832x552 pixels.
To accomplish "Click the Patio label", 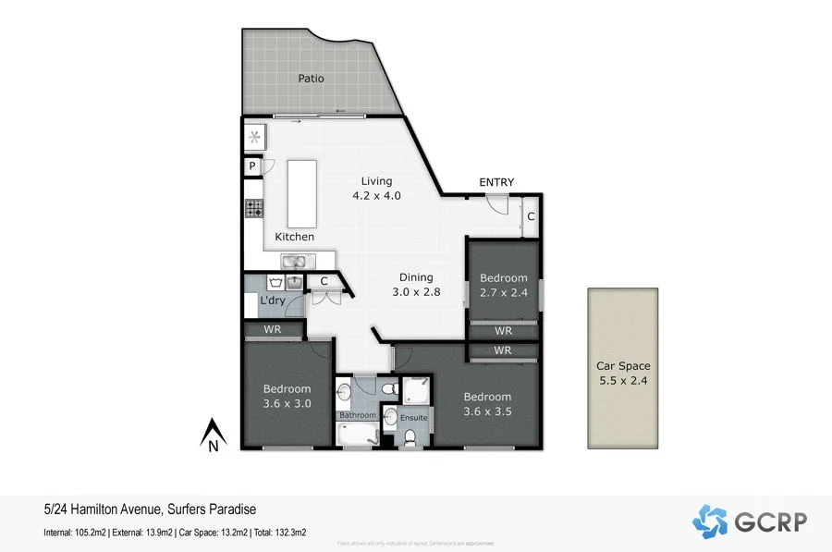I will click(311, 79).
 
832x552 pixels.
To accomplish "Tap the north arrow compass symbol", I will click(214, 435).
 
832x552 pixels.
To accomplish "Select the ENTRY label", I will click(496, 182).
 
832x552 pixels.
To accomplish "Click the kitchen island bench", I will click(301, 193).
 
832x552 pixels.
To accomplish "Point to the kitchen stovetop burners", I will click(254, 209).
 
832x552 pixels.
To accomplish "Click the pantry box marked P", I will click(251, 166).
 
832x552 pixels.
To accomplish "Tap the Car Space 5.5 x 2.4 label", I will click(623, 373).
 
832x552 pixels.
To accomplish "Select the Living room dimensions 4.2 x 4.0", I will click(376, 195).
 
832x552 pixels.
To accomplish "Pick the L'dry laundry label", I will click(273, 301).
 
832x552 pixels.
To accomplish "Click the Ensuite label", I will click(414, 418).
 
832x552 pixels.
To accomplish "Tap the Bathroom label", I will click(357, 415).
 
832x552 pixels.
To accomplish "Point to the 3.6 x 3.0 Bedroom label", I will click(287, 396).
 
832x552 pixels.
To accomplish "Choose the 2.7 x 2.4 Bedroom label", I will click(503, 285).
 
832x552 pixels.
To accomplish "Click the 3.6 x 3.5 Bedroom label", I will click(487, 404).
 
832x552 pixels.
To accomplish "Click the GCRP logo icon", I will click(710, 521).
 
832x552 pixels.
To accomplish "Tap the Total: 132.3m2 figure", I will click(281, 533).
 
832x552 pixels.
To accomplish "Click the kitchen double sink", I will click(298, 262).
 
